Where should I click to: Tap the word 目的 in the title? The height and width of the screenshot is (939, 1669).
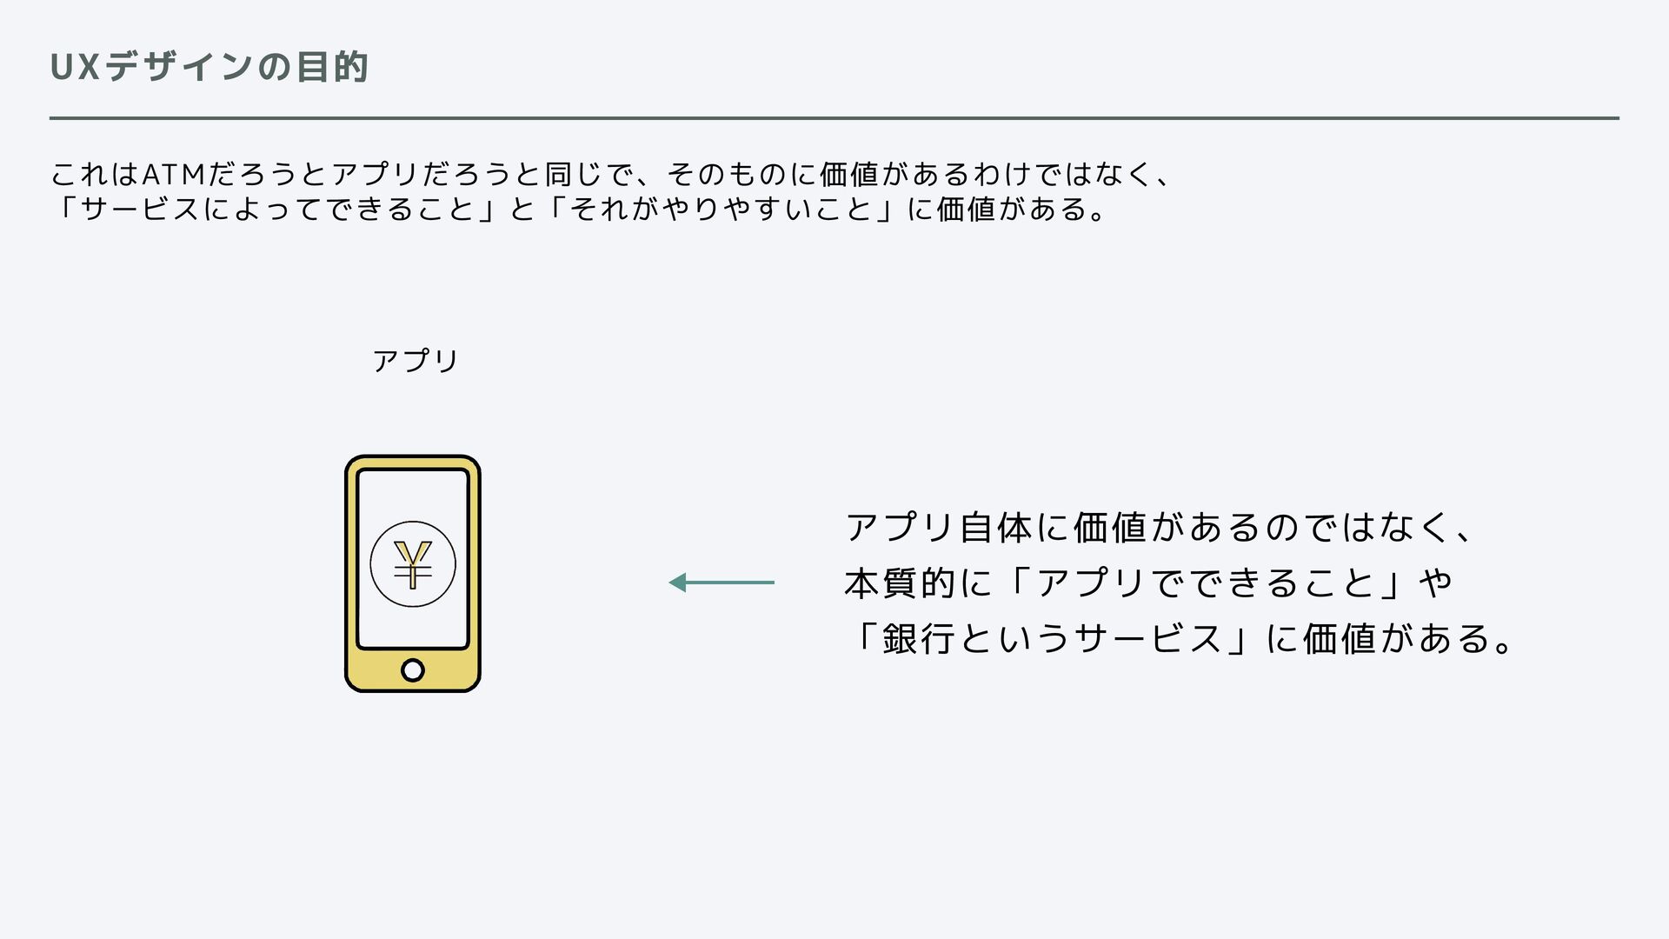[332, 68]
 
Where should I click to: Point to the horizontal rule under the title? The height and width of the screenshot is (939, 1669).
[834, 117]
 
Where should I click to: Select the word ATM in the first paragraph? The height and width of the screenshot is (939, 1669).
[172, 175]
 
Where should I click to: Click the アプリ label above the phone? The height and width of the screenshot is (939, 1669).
[415, 360]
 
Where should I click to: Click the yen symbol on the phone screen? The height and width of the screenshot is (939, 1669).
[413, 564]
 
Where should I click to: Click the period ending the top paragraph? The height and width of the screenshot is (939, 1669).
[1100, 215]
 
